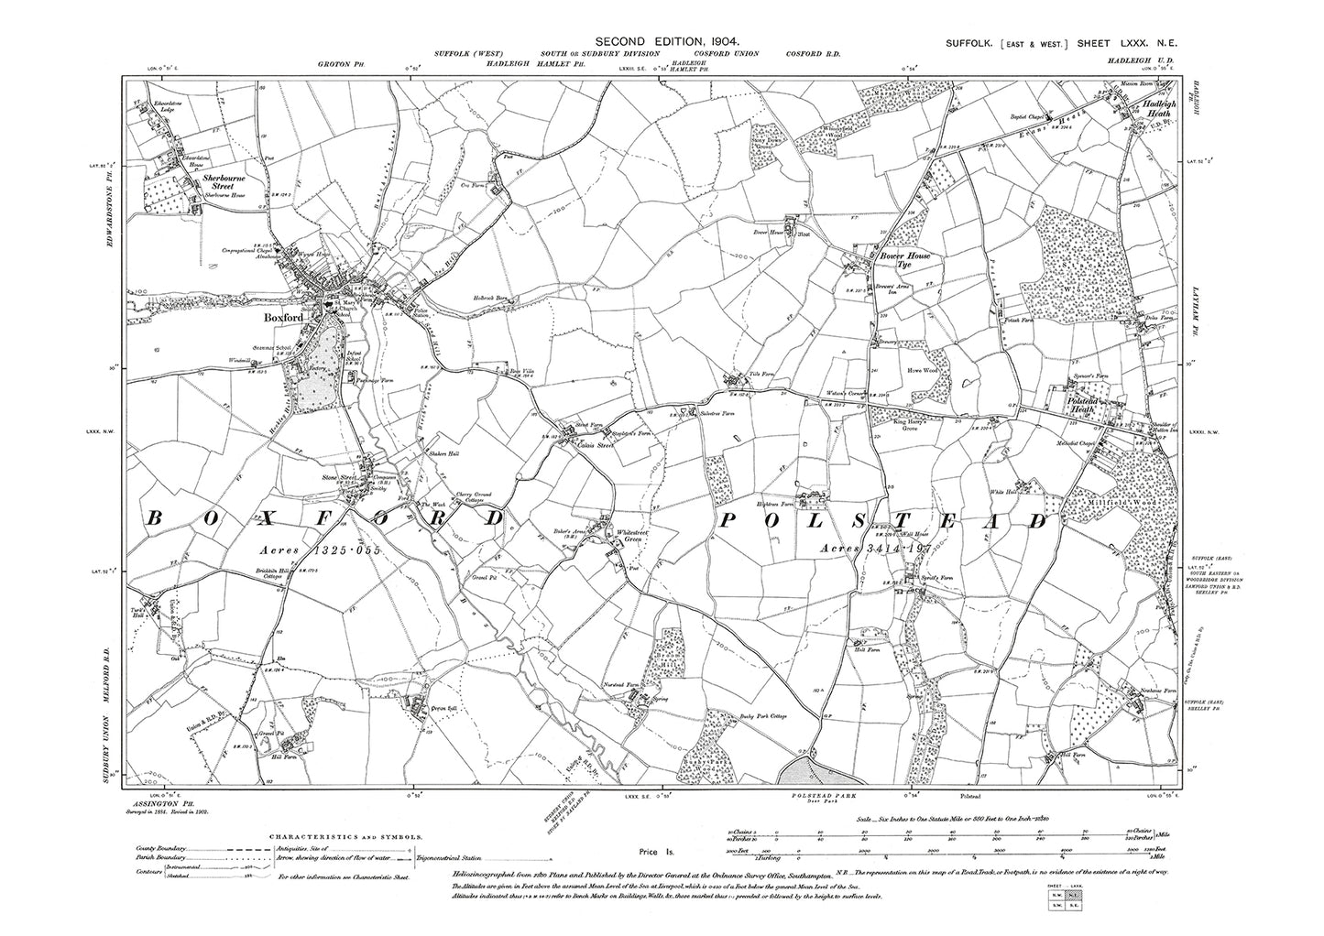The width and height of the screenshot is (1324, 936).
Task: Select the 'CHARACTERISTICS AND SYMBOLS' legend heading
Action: [345, 837]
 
